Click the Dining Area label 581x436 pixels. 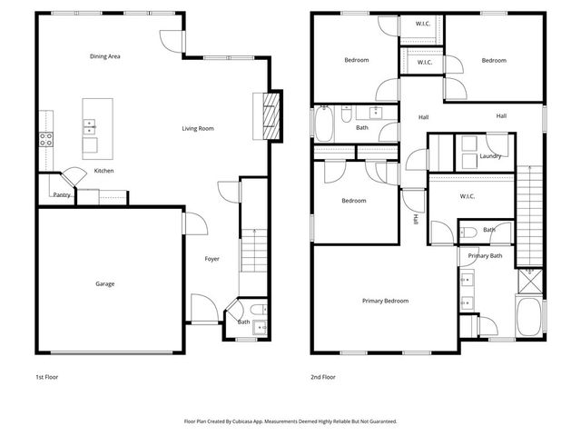point(105,56)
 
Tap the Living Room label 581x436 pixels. point(198,129)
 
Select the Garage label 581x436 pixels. point(105,284)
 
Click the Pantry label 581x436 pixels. point(62,194)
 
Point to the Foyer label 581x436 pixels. point(212,259)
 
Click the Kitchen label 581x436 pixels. point(104,171)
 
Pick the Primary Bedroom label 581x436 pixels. point(385,301)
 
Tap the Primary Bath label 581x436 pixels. point(486,256)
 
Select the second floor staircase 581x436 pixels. point(528,213)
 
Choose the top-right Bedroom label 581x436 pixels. point(494,61)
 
